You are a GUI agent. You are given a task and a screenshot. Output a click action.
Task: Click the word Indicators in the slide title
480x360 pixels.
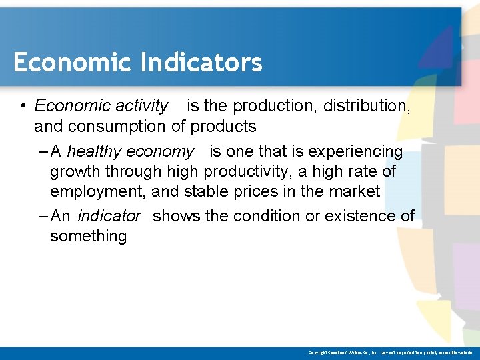pos(201,62)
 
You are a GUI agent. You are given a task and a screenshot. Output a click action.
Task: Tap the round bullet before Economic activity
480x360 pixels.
pos(23,106)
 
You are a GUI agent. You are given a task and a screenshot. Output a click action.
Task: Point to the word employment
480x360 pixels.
pos(98,192)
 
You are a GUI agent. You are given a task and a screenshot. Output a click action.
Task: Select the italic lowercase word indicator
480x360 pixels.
pos(109,216)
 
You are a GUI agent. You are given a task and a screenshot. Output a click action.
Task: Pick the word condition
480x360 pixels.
pos(254,216)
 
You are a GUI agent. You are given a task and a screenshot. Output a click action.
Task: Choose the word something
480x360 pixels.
pos(88,236)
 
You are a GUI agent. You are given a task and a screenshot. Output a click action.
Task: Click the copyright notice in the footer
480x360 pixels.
pos(390,352)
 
